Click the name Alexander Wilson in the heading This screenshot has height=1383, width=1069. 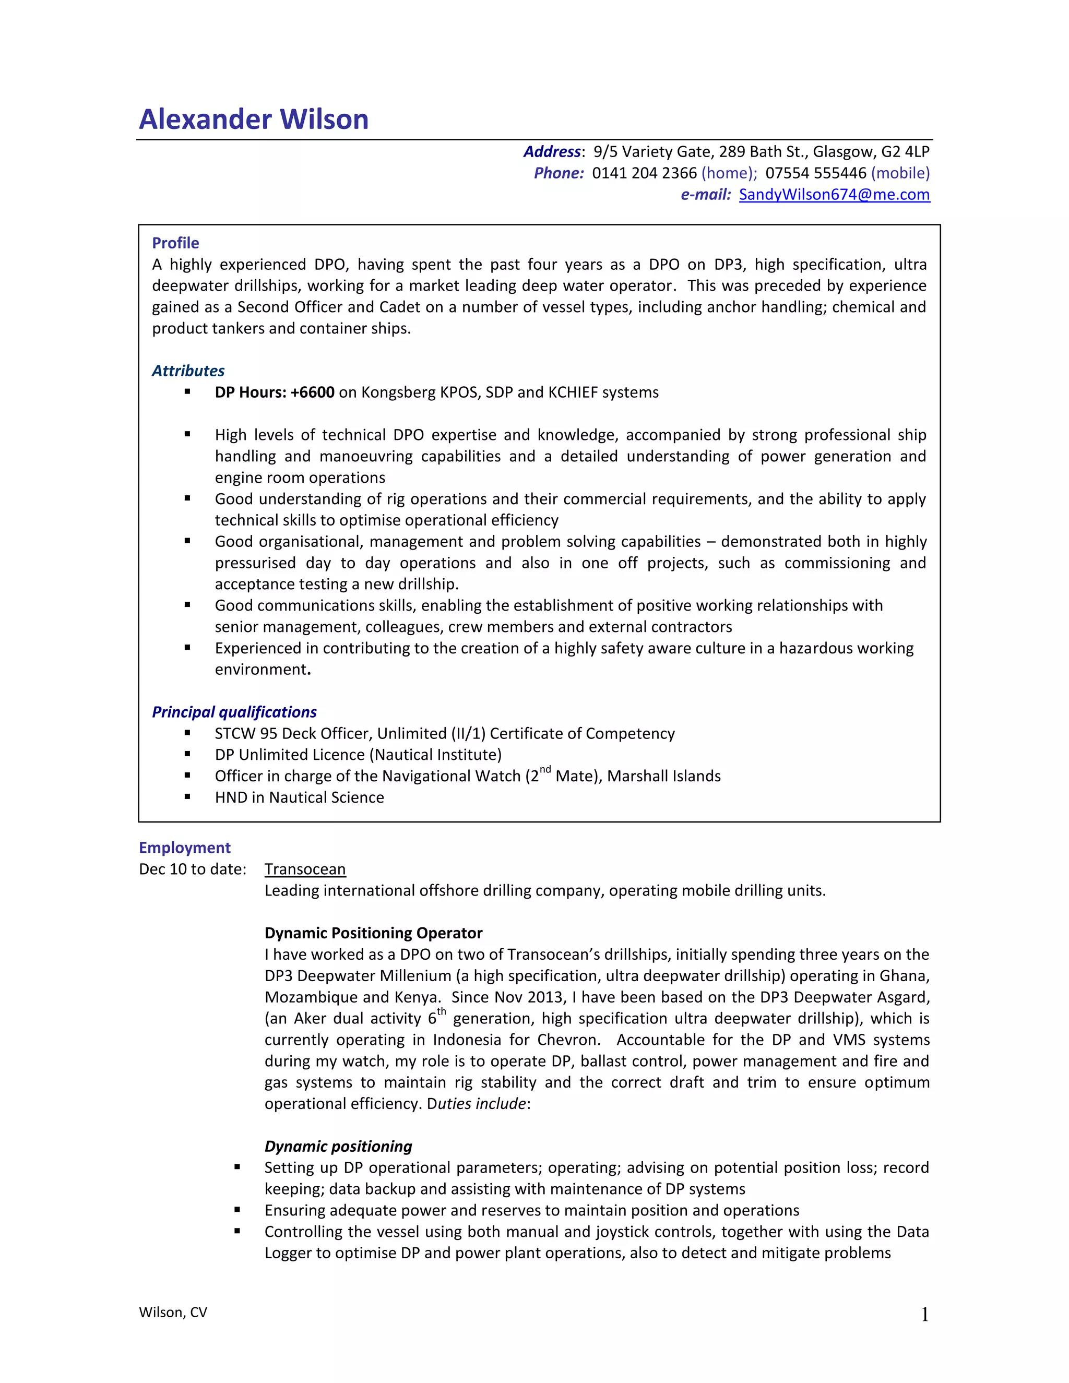[x=253, y=119]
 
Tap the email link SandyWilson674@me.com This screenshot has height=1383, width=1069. [x=834, y=195]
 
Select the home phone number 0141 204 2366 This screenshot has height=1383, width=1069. [x=644, y=173]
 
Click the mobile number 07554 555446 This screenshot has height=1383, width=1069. [x=816, y=173]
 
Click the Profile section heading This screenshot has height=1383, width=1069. [x=175, y=243]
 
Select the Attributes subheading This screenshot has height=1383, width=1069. [x=188, y=371]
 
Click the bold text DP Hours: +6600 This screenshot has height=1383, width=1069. [x=274, y=392]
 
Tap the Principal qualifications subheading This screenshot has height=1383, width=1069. [x=234, y=712]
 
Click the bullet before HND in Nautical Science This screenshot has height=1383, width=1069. [x=187, y=797]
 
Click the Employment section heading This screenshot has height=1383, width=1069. [x=184, y=848]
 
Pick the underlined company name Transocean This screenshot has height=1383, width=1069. [x=305, y=869]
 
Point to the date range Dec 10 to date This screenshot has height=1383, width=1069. [x=193, y=869]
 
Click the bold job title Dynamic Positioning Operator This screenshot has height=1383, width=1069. [x=373, y=934]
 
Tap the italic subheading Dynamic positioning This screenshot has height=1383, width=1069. [x=338, y=1147]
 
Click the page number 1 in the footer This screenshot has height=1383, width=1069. [x=924, y=1315]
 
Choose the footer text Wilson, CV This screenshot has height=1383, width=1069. [x=173, y=1313]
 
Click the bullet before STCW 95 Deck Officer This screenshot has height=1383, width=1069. [x=187, y=733]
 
